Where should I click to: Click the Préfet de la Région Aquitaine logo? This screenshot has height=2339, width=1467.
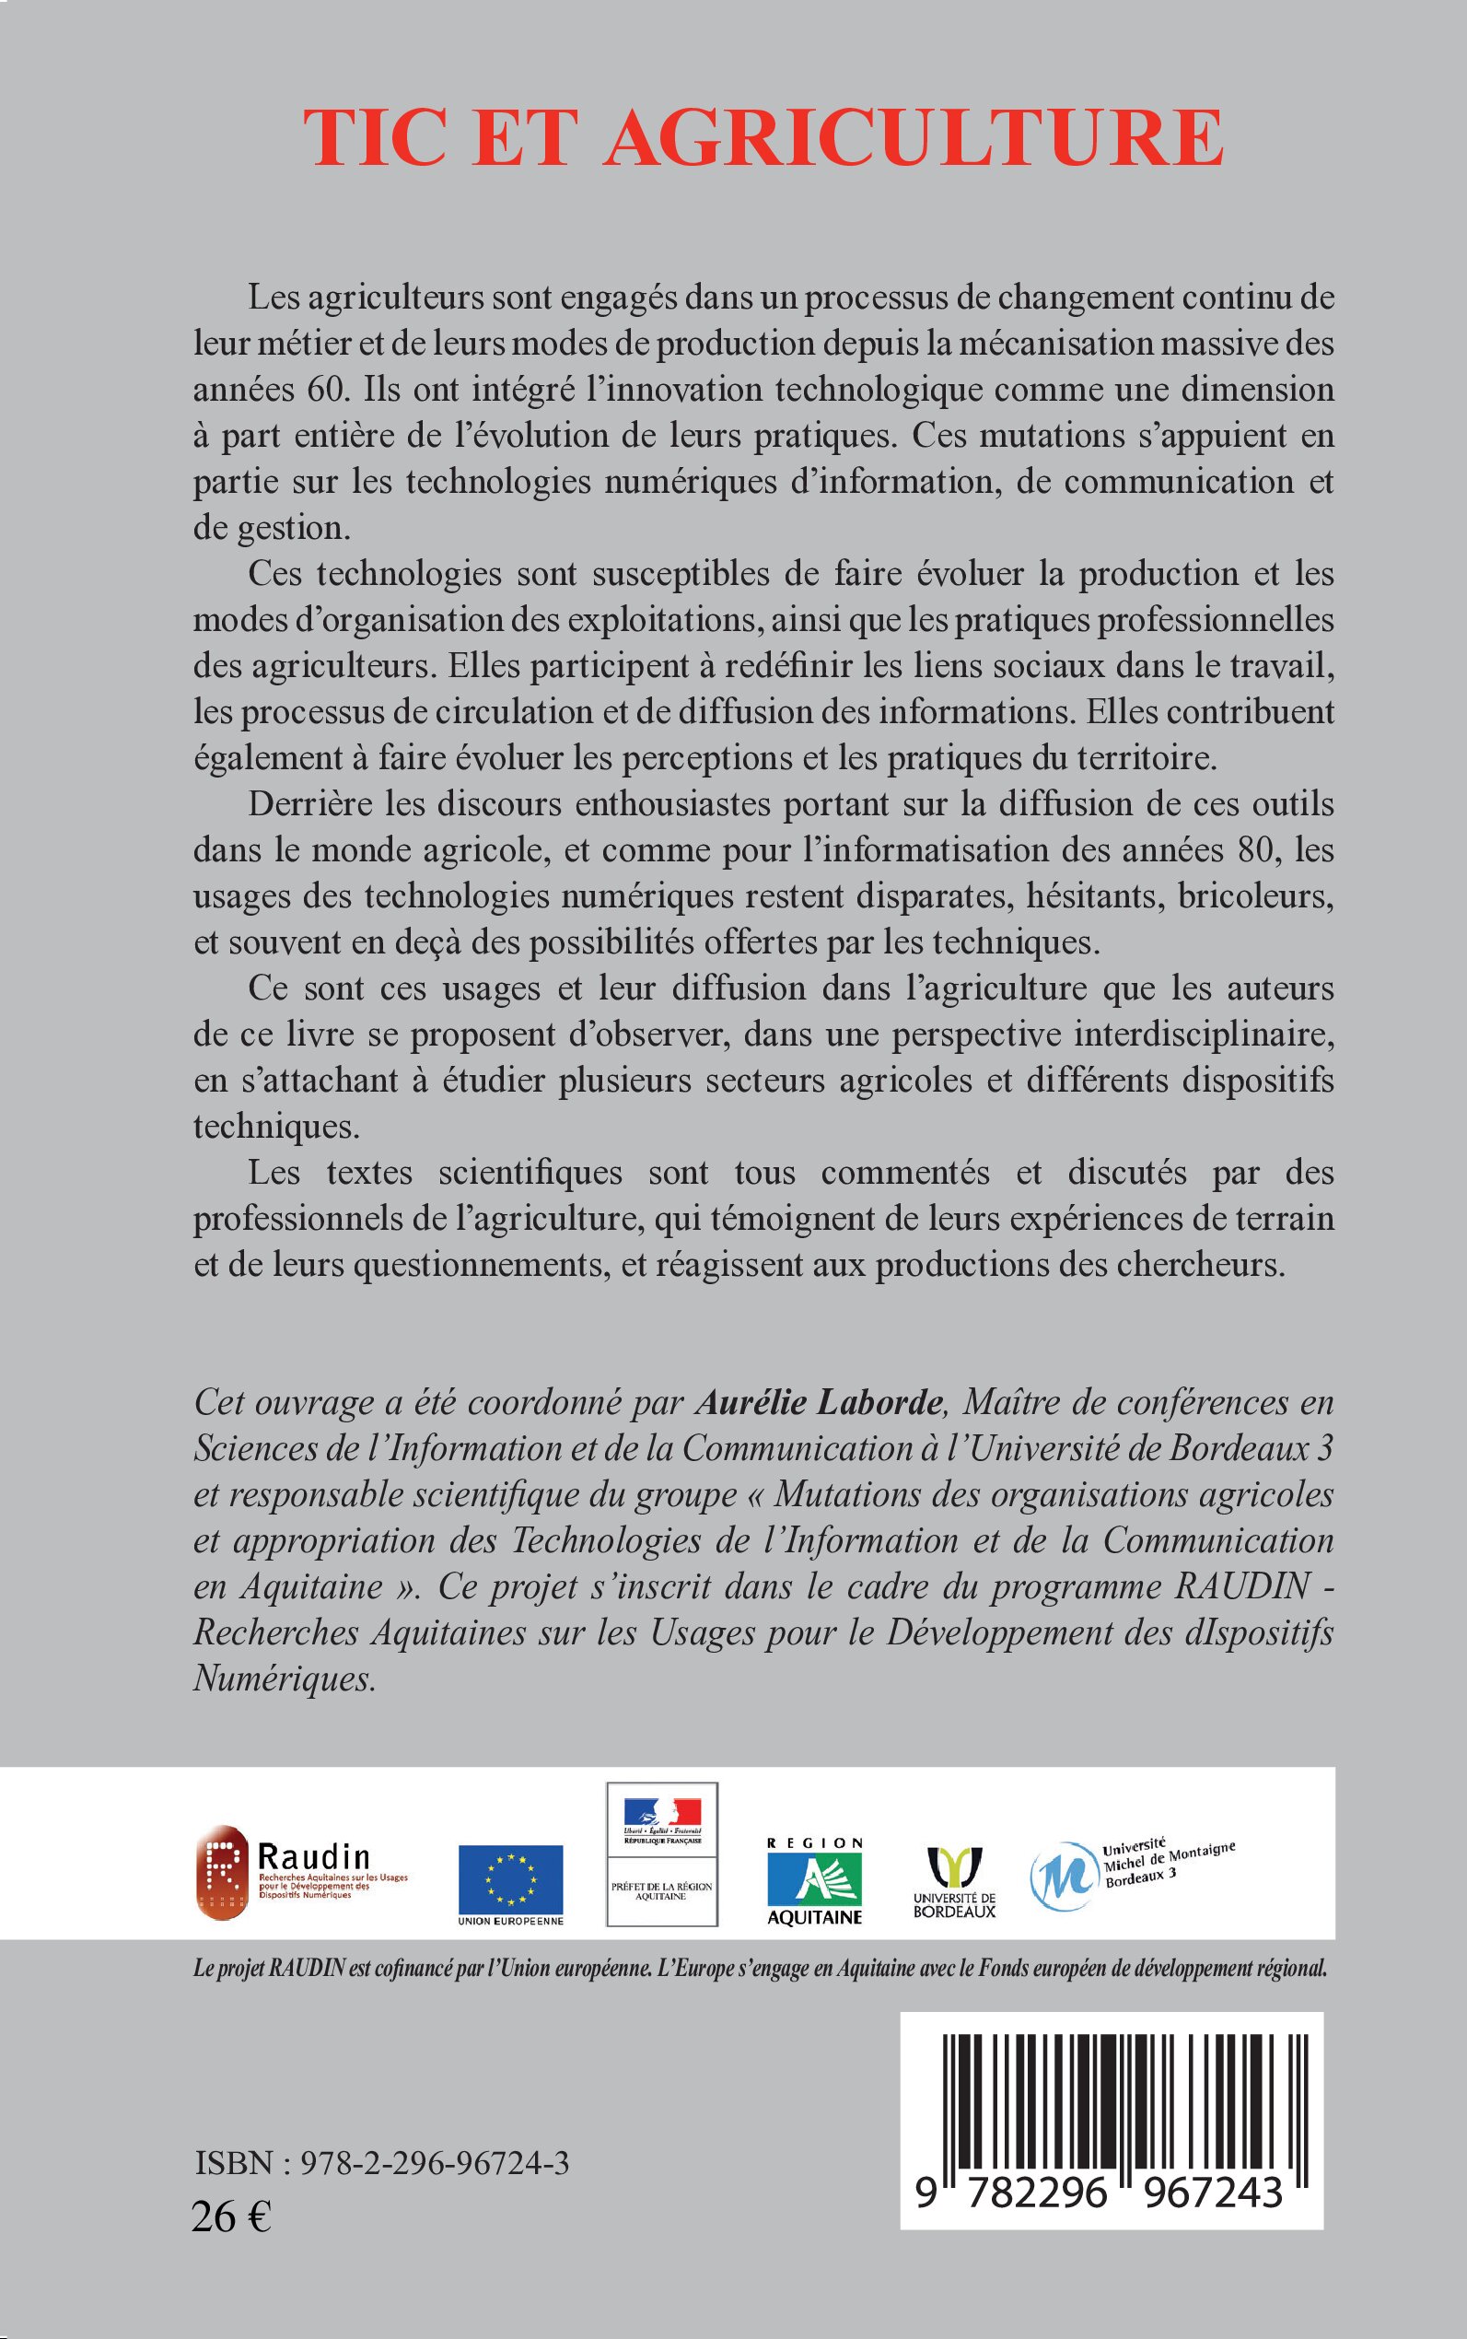[662, 1854]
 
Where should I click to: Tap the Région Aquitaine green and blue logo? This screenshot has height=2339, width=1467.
[814, 1880]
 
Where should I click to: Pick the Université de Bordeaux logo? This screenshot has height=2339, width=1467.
[955, 1881]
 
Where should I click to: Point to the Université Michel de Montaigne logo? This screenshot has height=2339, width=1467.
[1130, 1873]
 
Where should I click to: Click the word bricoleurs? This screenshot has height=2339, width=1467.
[1255, 895]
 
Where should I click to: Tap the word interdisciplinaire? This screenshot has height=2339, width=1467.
[1203, 1034]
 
